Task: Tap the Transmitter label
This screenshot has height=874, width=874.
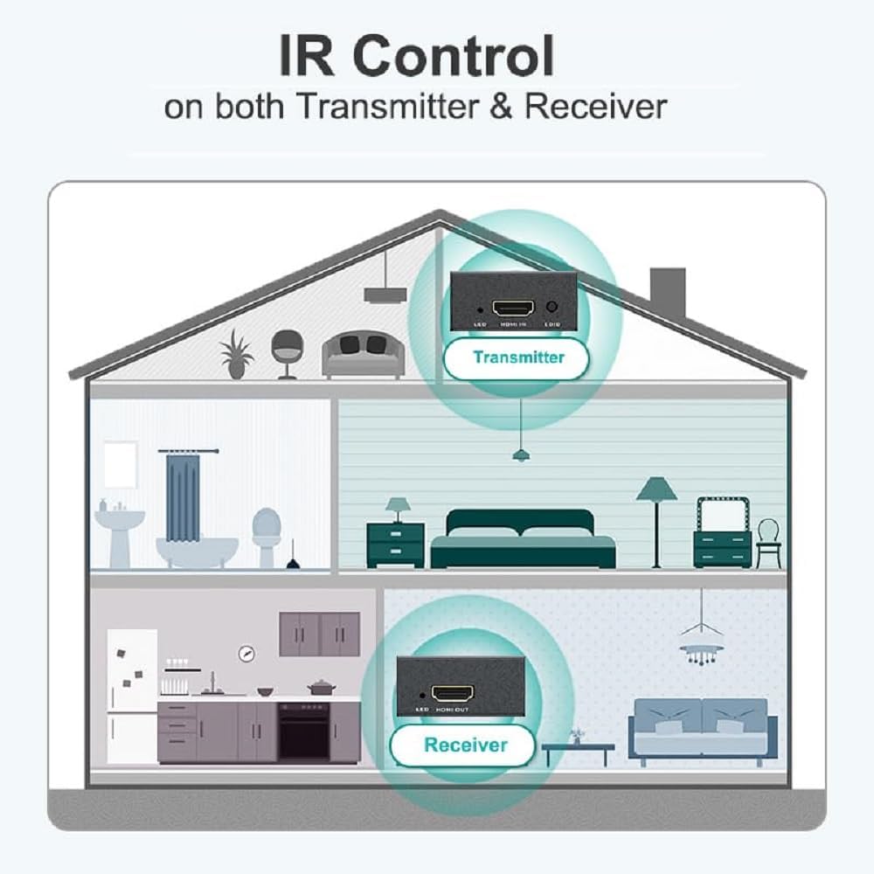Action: [x=518, y=357]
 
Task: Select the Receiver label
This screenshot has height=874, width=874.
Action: [x=465, y=746]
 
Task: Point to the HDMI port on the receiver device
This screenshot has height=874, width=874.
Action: [x=454, y=693]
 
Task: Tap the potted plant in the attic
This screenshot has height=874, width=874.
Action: [x=236, y=354]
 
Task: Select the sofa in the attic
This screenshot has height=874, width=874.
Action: [x=363, y=354]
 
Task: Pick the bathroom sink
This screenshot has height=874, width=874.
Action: [x=119, y=529]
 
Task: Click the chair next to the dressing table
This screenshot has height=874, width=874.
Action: [x=767, y=542]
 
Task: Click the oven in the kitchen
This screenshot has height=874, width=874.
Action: [x=303, y=729]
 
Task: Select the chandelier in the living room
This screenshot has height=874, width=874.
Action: [x=701, y=642]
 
